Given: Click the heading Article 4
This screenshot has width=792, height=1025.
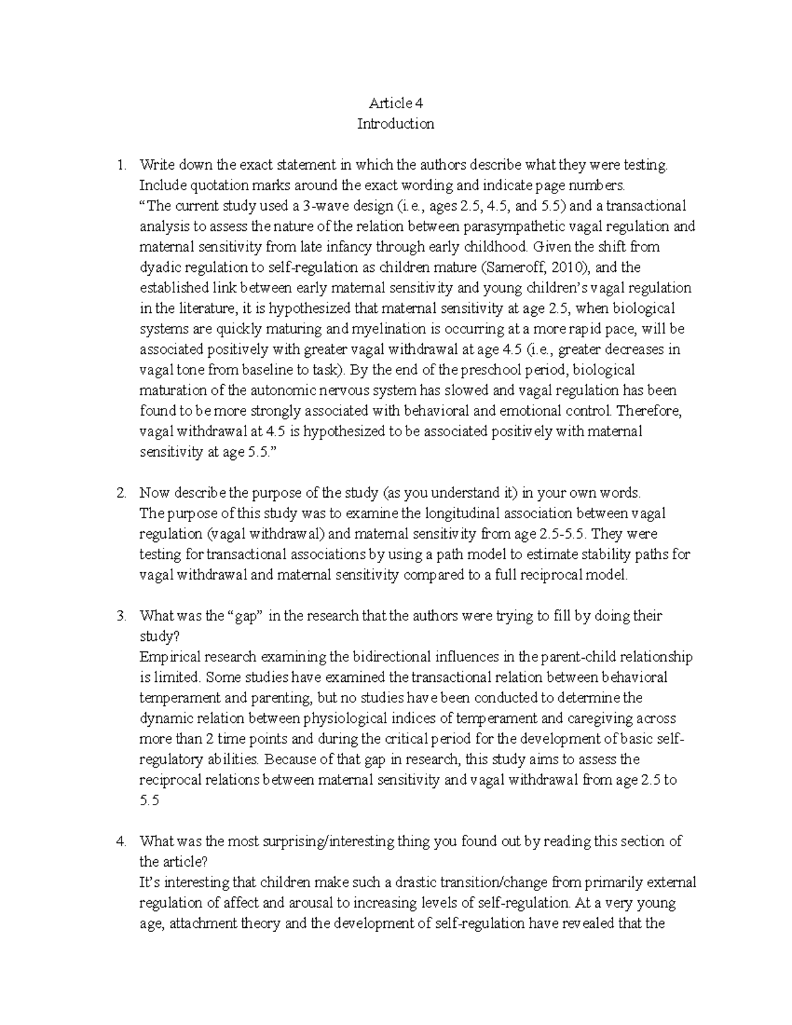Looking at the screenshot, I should [x=395, y=103].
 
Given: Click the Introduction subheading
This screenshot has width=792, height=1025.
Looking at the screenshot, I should [x=395, y=123].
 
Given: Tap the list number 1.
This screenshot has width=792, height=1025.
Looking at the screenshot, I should [x=120, y=164].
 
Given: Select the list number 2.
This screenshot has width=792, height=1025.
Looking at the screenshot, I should [x=120, y=492].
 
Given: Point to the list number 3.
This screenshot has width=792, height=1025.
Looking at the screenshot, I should [x=120, y=616].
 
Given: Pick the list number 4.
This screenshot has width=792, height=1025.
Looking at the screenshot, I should [x=120, y=841].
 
